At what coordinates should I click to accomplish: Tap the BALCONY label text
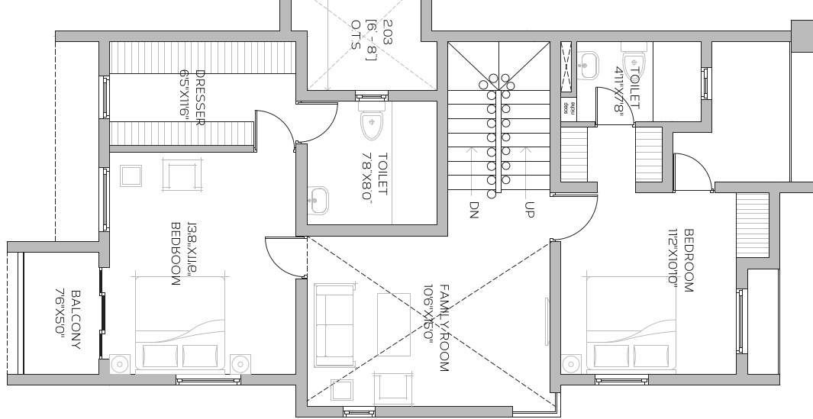click(76, 319)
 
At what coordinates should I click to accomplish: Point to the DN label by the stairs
click(474, 209)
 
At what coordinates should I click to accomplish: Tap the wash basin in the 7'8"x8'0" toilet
click(319, 201)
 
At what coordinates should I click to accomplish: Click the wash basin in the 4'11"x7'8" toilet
click(588, 64)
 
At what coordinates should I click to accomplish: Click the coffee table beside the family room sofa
click(394, 324)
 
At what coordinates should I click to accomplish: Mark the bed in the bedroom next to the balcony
click(181, 324)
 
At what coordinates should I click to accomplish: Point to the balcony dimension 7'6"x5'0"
click(60, 314)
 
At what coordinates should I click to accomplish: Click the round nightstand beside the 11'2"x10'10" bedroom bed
click(570, 364)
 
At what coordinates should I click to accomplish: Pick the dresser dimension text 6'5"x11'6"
click(184, 93)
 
